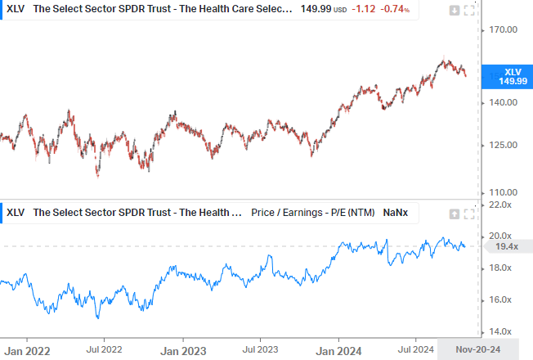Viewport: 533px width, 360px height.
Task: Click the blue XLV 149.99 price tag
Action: pyautogui.click(x=507, y=76)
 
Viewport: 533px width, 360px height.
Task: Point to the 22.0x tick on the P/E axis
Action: pyautogui.click(x=499, y=205)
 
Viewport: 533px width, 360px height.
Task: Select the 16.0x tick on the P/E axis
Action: pyautogui.click(x=499, y=299)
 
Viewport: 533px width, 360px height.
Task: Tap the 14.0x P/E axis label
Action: pyautogui.click(x=499, y=331)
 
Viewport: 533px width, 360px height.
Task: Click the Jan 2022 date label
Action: pyautogui.click(x=27, y=350)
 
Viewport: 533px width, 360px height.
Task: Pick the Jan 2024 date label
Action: pyautogui.click(x=338, y=350)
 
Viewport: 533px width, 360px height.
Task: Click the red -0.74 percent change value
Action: pyautogui.click(x=395, y=10)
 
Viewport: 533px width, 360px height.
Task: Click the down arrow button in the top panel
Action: pyautogui.click(x=455, y=11)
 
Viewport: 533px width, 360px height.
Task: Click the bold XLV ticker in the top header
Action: pyautogui.click(x=16, y=10)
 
